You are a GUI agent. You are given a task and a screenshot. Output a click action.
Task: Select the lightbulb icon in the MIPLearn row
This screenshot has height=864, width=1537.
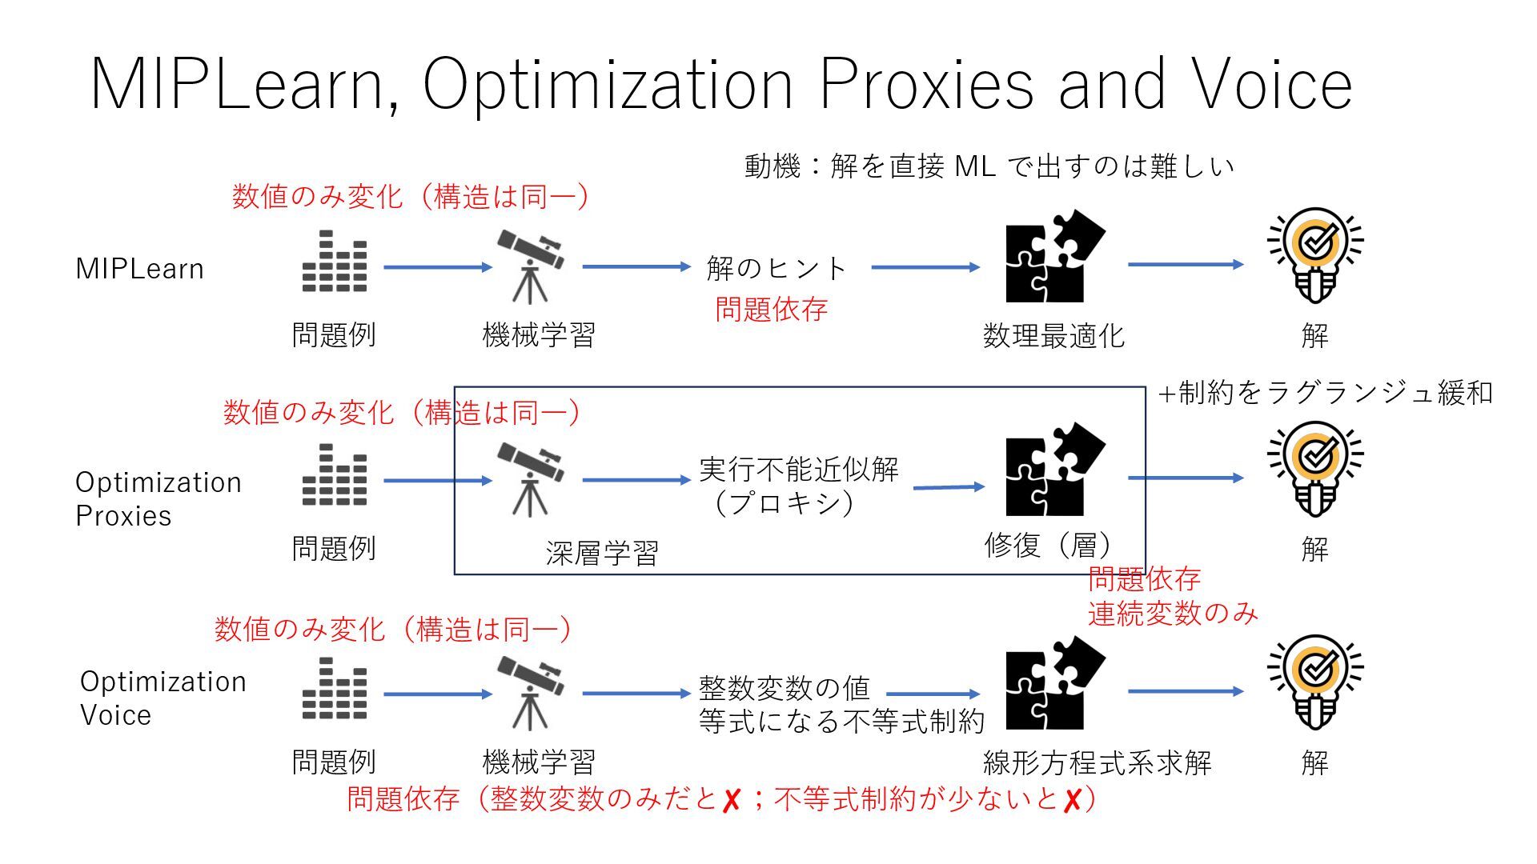[x=1314, y=256]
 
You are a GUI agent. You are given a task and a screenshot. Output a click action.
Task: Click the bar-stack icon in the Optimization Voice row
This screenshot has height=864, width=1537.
[x=335, y=688]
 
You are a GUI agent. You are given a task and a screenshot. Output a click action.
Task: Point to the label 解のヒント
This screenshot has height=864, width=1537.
[x=776, y=268]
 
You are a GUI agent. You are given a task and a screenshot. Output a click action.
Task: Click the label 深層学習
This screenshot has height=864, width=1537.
[x=602, y=553]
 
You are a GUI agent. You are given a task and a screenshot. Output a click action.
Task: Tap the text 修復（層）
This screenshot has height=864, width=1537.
[x=1049, y=546]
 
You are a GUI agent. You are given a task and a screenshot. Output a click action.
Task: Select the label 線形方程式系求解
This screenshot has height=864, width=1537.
[x=1097, y=762]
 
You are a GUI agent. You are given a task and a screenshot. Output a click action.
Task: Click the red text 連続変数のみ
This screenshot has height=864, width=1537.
[x=1173, y=614]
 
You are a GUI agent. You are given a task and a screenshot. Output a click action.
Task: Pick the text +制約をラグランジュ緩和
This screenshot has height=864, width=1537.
[x=1326, y=393]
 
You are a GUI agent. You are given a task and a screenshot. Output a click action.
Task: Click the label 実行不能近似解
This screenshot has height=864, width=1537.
[x=799, y=469]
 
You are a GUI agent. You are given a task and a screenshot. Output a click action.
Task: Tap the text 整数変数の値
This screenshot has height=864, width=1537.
[x=784, y=687]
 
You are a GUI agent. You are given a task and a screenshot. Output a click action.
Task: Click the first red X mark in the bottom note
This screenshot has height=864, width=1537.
[x=731, y=799]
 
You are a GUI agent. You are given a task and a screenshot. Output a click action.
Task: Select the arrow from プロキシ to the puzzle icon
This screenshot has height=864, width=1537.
[x=949, y=486]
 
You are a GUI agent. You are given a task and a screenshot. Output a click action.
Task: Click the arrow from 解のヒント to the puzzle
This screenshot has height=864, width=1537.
[x=925, y=267]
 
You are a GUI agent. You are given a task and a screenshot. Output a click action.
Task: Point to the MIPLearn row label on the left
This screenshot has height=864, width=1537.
[x=139, y=269]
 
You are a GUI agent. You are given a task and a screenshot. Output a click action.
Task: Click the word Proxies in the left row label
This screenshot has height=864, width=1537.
[x=123, y=516]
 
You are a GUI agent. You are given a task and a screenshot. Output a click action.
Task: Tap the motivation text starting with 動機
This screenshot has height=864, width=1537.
[x=989, y=166]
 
